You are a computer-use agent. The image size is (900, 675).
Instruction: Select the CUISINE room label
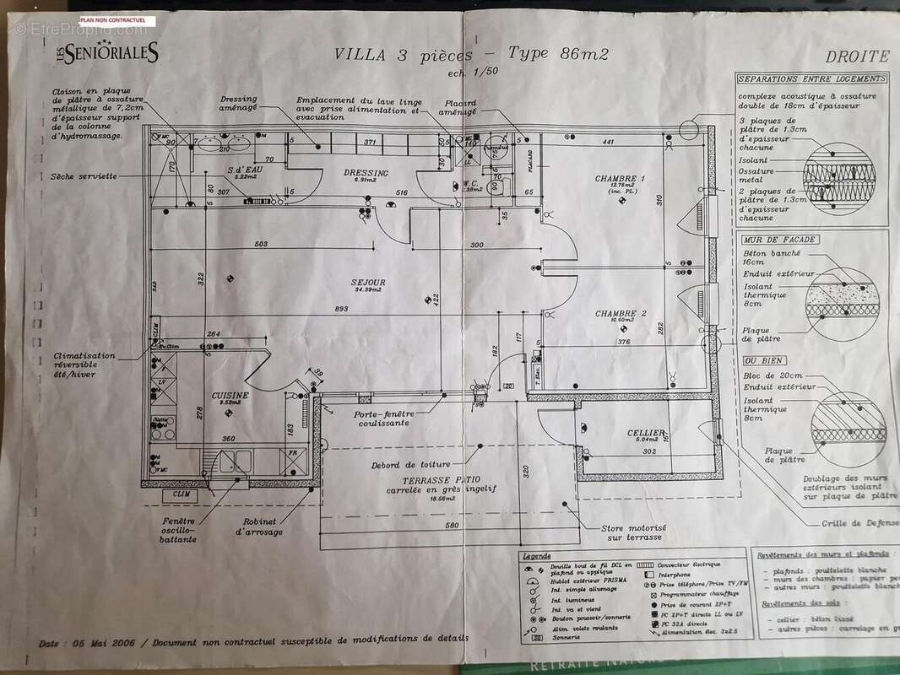click(229, 394)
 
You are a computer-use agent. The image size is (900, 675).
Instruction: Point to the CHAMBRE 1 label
click(620, 179)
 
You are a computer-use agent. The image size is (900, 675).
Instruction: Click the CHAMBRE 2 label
click(620, 313)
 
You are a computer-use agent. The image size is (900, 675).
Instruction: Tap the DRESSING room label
click(366, 173)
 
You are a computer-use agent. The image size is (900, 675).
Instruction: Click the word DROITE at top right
click(856, 57)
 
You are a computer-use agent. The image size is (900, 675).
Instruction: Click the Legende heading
click(536, 556)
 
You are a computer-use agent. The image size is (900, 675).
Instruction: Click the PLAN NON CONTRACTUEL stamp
click(112, 19)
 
